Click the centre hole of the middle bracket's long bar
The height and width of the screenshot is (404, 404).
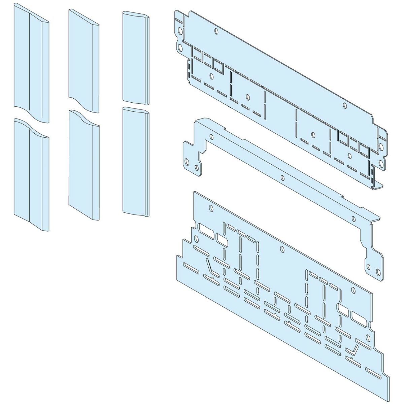tap(282, 177)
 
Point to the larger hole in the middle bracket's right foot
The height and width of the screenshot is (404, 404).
tap(377, 271)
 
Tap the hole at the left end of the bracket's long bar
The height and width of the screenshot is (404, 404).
tap(211, 137)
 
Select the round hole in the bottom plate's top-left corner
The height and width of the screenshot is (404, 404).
tap(211, 208)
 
